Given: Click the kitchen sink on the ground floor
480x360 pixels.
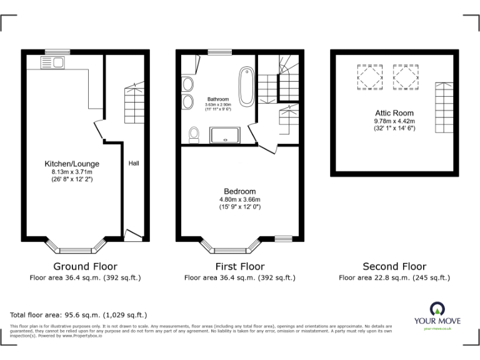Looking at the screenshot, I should tap(52, 62).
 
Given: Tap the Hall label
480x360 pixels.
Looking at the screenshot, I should tap(134, 163).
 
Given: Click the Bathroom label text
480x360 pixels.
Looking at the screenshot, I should tap(218, 99).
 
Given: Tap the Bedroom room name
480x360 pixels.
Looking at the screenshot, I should tap(240, 191).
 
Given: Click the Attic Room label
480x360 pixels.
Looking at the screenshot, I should tap(394, 113).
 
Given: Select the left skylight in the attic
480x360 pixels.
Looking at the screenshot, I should tap(367, 77).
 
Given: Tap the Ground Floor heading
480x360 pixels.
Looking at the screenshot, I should tap(85, 266).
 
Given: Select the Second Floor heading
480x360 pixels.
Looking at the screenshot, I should tap(394, 266).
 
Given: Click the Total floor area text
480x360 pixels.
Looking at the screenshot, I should tap(78, 315).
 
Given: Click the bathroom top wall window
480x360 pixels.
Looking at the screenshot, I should tap(217, 52).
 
